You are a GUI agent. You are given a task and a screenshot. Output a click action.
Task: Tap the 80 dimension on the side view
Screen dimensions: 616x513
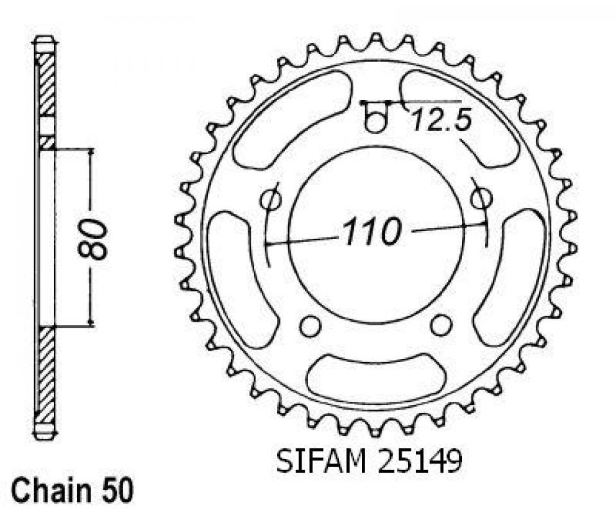(92, 239)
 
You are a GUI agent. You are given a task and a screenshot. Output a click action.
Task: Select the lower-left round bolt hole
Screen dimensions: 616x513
(310, 326)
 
